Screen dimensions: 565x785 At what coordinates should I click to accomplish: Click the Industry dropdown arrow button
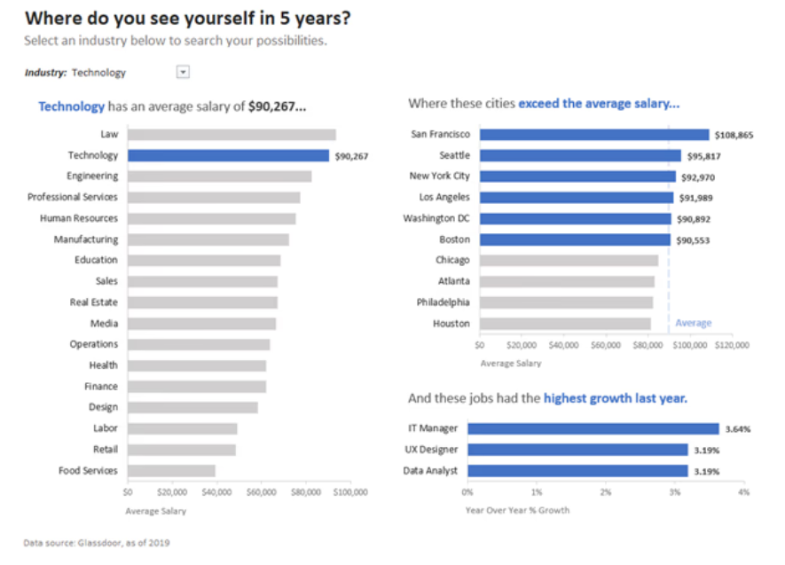[183, 72]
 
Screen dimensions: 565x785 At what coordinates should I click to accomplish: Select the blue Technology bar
[228, 155]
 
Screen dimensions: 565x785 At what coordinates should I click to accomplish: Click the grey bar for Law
[232, 135]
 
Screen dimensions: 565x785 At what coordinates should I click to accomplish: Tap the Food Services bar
[171, 471]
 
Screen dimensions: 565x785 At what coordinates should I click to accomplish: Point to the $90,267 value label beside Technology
[351, 156]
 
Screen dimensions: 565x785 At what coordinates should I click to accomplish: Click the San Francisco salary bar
[594, 135]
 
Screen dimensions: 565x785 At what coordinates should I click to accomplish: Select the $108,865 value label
[734, 136]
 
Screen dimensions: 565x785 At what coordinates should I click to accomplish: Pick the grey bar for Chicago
[569, 261]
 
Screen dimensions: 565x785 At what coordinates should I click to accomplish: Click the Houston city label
[451, 324]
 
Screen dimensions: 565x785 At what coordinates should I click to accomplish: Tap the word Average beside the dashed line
[694, 323]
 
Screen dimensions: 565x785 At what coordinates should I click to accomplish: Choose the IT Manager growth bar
[593, 428]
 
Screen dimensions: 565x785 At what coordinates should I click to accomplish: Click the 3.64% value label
[738, 429]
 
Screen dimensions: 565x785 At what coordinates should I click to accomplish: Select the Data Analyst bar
[577, 471]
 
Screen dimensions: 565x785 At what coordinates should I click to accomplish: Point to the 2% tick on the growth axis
[606, 491]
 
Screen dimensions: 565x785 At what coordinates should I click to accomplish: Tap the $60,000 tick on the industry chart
[261, 490]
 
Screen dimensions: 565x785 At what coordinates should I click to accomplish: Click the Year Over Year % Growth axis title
[518, 510]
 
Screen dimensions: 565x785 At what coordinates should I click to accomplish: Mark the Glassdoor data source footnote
[97, 543]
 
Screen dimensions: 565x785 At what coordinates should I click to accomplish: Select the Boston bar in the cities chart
[575, 239]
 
